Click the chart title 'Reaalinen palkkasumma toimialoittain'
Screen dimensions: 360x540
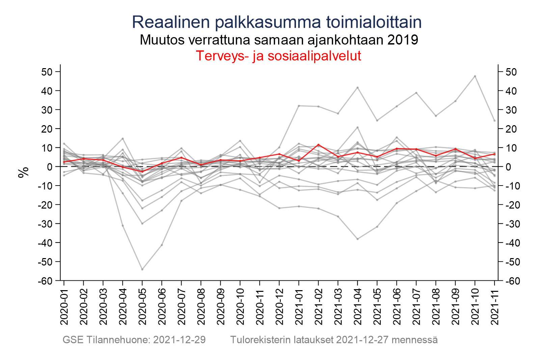[276, 22]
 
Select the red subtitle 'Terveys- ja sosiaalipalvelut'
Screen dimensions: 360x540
[278, 56]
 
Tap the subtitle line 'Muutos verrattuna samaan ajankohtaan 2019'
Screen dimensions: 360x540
[279, 40]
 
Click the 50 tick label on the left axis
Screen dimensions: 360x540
[47, 72]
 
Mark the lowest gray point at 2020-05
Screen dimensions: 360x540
[142, 269]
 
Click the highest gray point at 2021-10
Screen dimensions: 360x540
[475, 76]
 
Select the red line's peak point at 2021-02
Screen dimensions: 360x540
[319, 145]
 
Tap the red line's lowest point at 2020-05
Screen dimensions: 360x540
[142, 172]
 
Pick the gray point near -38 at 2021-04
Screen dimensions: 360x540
[358, 239]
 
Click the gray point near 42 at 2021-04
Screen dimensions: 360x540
[358, 87]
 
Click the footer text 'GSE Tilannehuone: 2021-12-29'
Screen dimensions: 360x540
[134, 340]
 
